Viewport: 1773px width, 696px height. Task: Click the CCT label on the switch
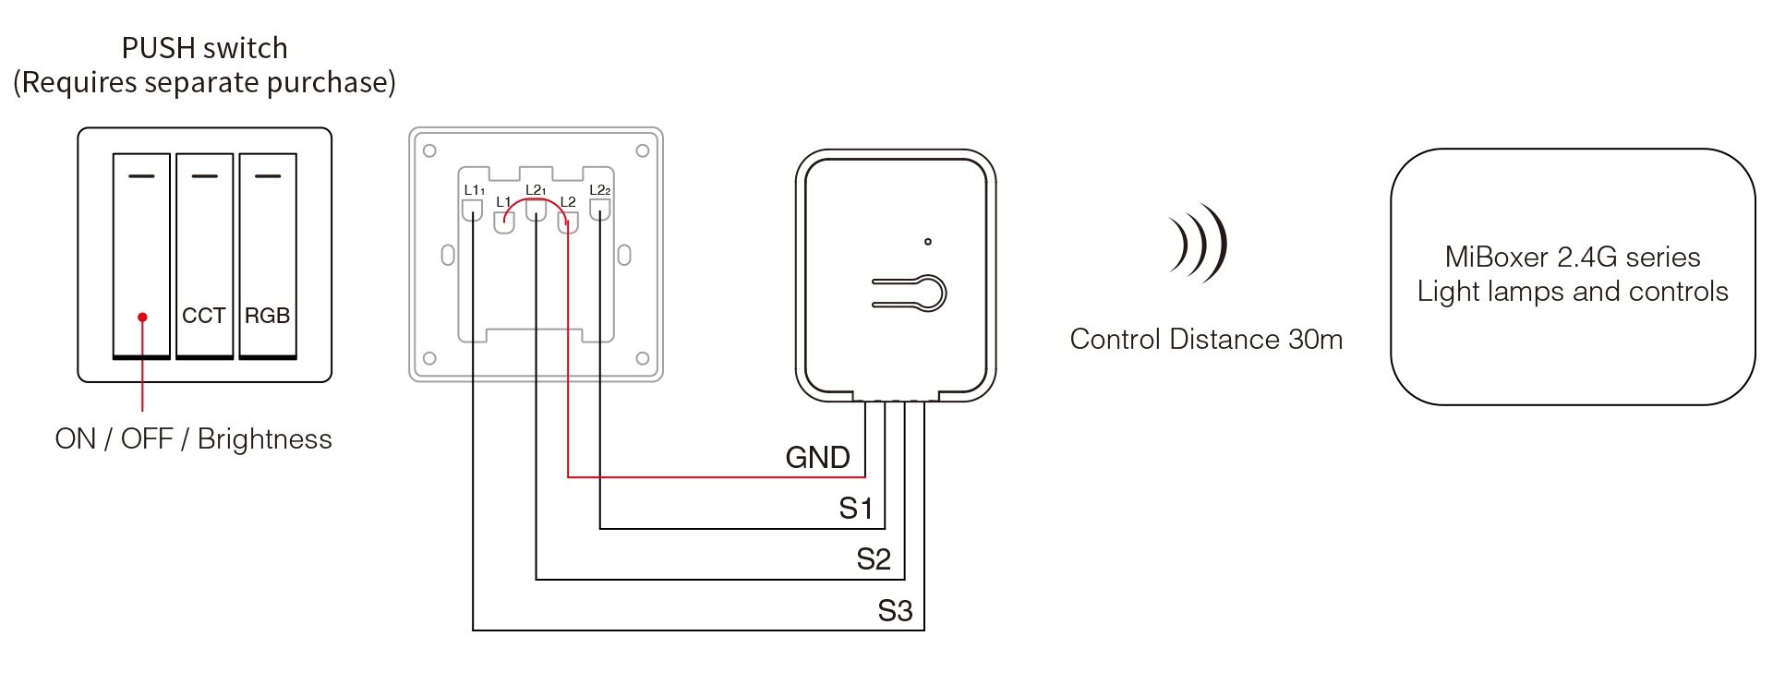tap(203, 316)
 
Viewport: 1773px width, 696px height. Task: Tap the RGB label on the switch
tap(267, 316)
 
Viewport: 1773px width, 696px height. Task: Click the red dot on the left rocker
tap(142, 317)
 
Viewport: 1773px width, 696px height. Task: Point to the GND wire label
tap(817, 457)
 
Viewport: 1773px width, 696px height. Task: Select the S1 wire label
tap(855, 509)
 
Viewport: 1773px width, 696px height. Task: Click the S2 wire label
tap(874, 559)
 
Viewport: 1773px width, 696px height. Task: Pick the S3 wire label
tap(895, 611)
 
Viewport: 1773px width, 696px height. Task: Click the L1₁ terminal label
tap(474, 190)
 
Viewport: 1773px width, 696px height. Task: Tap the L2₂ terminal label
tap(600, 190)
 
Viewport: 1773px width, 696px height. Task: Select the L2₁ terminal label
tap(536, 190)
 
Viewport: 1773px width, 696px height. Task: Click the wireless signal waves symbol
tap(1199, 243)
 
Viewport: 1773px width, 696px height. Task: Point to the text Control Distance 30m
tap(1206, 340)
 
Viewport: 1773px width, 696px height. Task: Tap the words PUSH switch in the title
tap(205, 48)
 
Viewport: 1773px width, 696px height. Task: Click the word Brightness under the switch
tap(265, 438)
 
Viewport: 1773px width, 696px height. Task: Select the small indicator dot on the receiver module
tap(928, 242)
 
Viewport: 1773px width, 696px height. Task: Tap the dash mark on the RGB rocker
tap(268, 175)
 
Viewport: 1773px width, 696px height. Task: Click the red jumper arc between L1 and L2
tap(536, 207)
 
